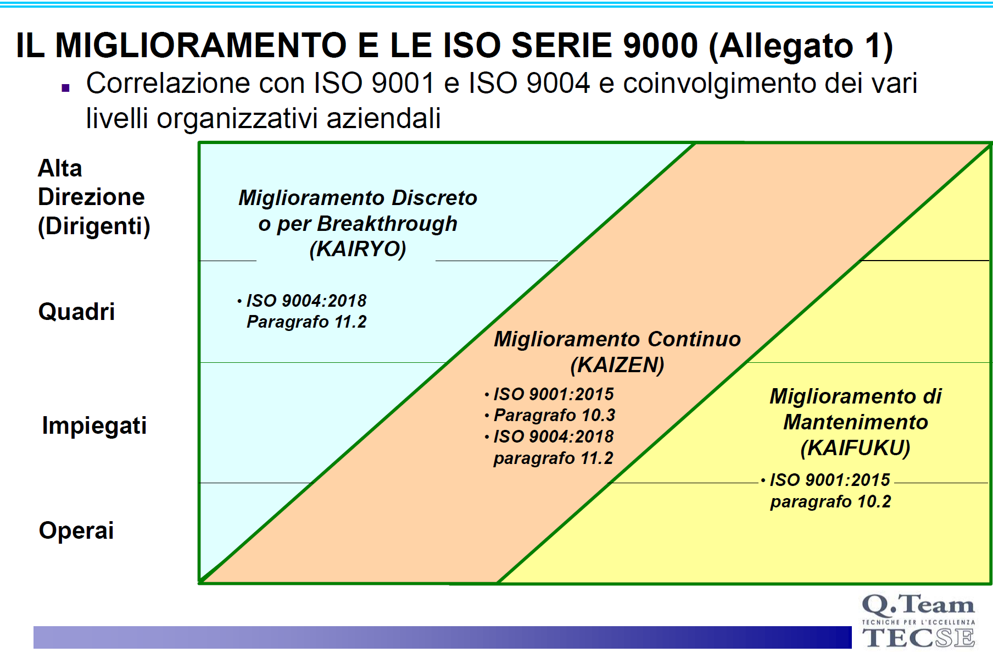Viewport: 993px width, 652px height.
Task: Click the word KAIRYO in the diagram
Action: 358,249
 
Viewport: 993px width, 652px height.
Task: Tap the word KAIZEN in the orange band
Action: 617,365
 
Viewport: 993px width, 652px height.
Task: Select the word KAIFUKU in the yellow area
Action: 855,448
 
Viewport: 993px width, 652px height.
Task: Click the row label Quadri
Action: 76,312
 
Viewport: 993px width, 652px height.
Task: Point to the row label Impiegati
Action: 94,426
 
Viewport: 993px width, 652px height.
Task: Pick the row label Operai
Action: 76,531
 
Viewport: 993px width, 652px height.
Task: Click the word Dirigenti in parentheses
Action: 94,226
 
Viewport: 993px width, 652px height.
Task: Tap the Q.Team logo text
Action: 918,605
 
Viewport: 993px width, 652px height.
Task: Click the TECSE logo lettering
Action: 918,638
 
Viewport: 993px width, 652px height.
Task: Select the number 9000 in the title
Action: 660,45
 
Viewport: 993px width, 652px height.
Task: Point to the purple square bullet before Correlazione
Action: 66,87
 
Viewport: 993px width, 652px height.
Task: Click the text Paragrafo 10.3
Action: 554,415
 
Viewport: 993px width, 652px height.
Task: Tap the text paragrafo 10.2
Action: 830,501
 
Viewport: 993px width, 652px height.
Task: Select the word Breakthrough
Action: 387,224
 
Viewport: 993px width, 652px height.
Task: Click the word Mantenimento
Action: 855,422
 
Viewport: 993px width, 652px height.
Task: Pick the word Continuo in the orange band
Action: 694,339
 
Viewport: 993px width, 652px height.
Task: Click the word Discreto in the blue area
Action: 434,198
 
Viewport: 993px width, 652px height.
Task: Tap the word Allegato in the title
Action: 786,46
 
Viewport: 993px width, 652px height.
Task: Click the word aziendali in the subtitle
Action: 383,118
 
